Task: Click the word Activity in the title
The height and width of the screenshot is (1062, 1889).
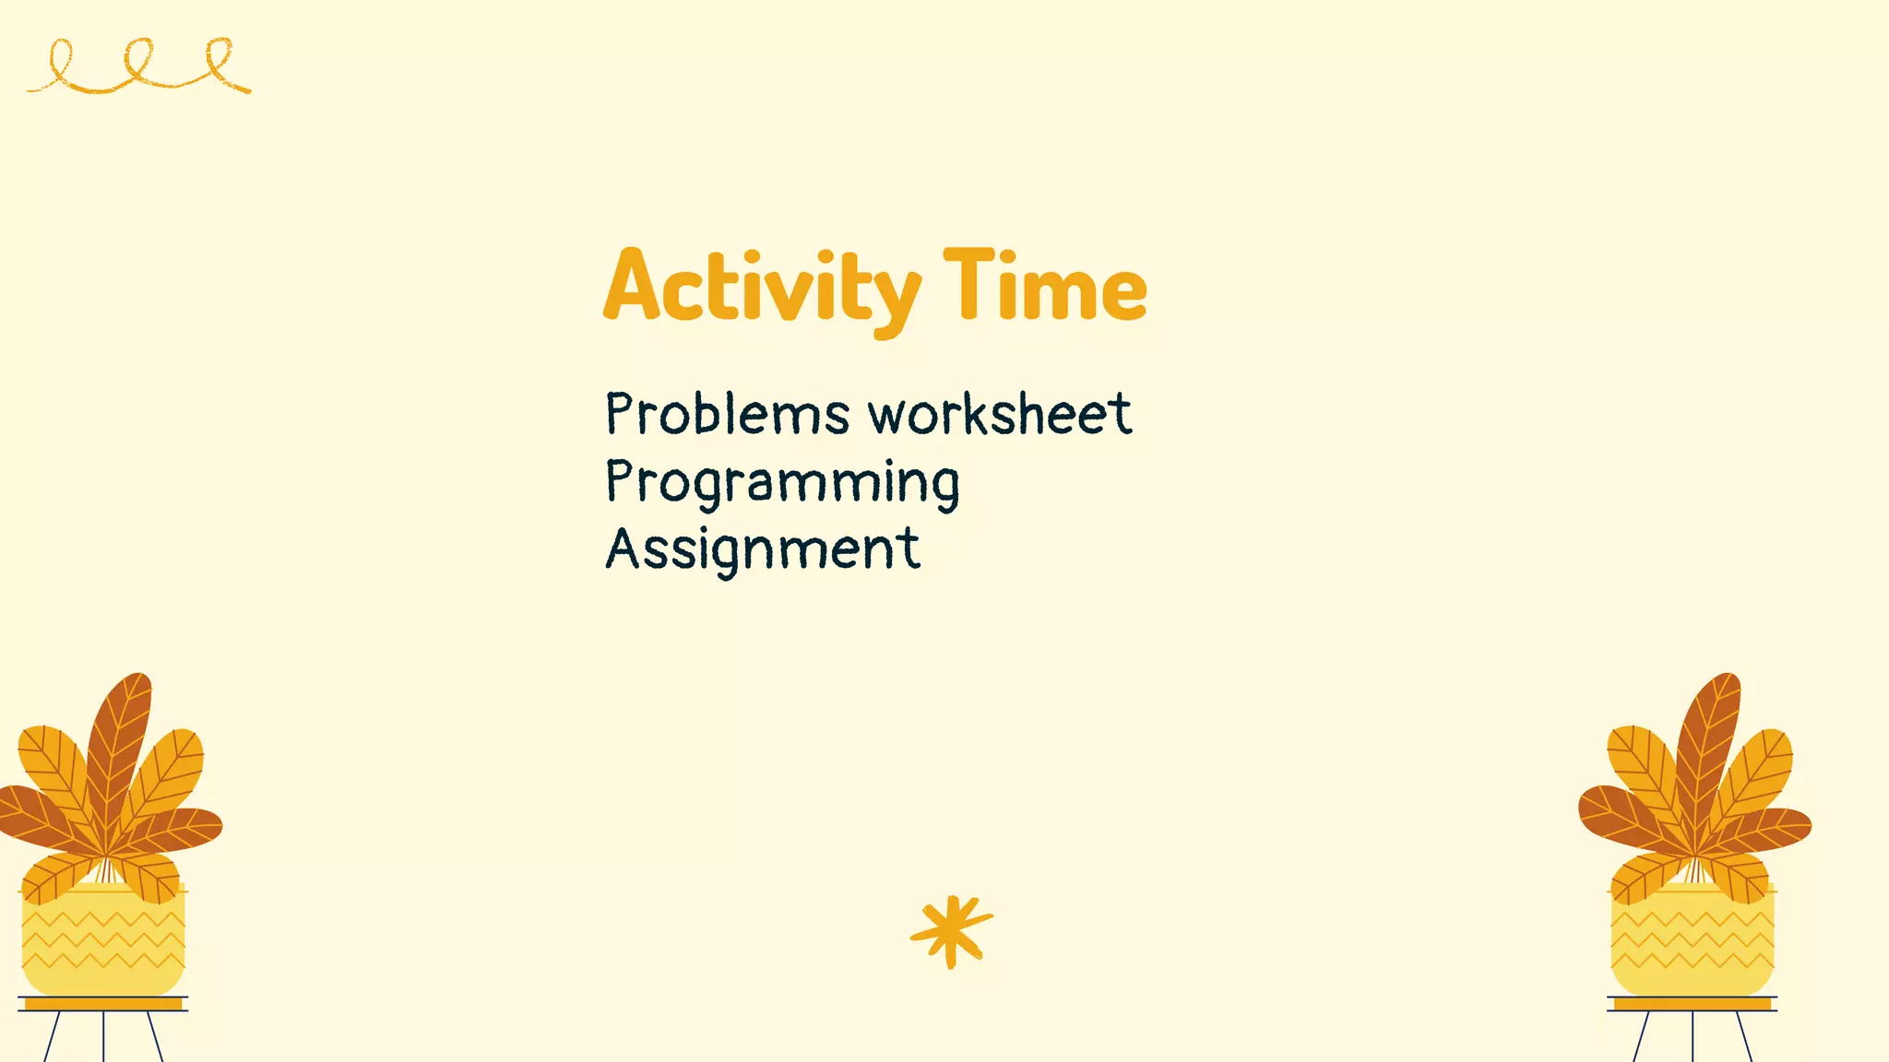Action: coord(762,288)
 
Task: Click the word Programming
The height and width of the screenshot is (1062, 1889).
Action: coord(782,482)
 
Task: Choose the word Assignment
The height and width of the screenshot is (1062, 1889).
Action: coord(762,549)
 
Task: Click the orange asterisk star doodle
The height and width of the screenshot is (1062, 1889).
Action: coord(951,930)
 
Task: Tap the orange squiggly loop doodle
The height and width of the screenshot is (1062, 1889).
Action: coord(138,67)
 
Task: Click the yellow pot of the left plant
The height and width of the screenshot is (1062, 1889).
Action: coord(103,940)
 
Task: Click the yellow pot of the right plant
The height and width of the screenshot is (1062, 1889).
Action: coord(1692,940)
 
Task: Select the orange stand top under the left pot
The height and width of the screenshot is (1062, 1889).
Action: coord(103,1004)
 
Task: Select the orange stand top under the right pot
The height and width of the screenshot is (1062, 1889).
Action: coord(1692,1004)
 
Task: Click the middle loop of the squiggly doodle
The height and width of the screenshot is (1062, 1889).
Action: coord(138,61)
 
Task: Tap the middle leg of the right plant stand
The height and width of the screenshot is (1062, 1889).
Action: coord(1693,1037)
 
